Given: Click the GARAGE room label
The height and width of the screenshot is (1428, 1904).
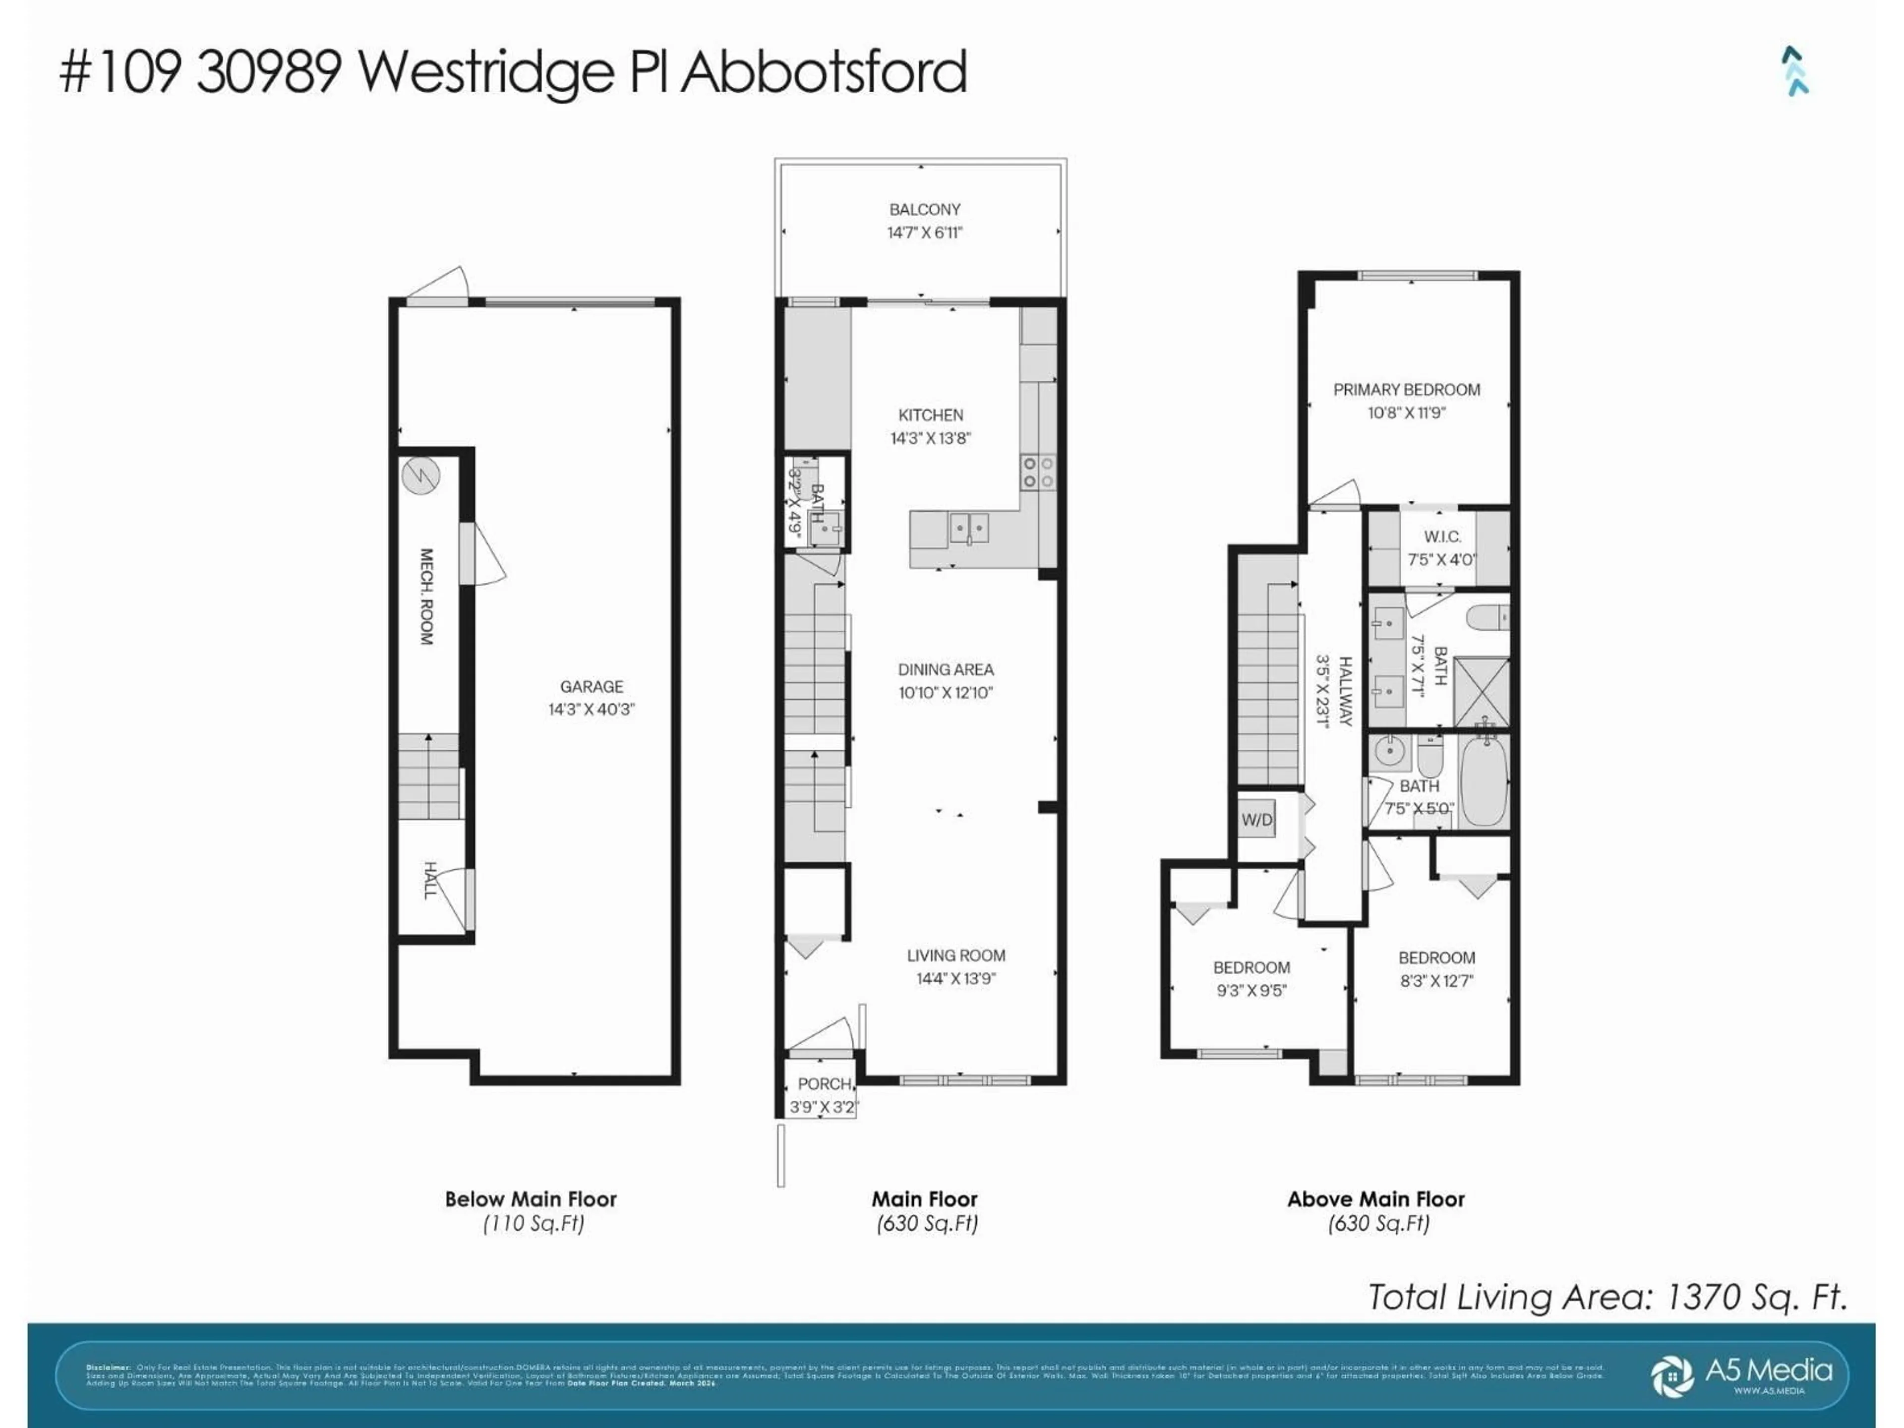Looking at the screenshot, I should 592,687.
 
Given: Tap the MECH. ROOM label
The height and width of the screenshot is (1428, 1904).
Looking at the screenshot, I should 426,596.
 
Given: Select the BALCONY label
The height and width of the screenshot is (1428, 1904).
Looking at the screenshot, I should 924,209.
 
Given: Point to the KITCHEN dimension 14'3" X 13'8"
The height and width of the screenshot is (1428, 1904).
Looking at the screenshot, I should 931,438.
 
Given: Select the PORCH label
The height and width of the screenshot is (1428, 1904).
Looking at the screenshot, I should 824,1084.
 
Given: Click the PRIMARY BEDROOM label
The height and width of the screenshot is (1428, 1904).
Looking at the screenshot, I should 1407,390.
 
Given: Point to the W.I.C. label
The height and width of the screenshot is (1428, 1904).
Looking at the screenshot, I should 1442,537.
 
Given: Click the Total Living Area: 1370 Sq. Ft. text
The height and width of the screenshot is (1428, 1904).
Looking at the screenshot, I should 1607,1296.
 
